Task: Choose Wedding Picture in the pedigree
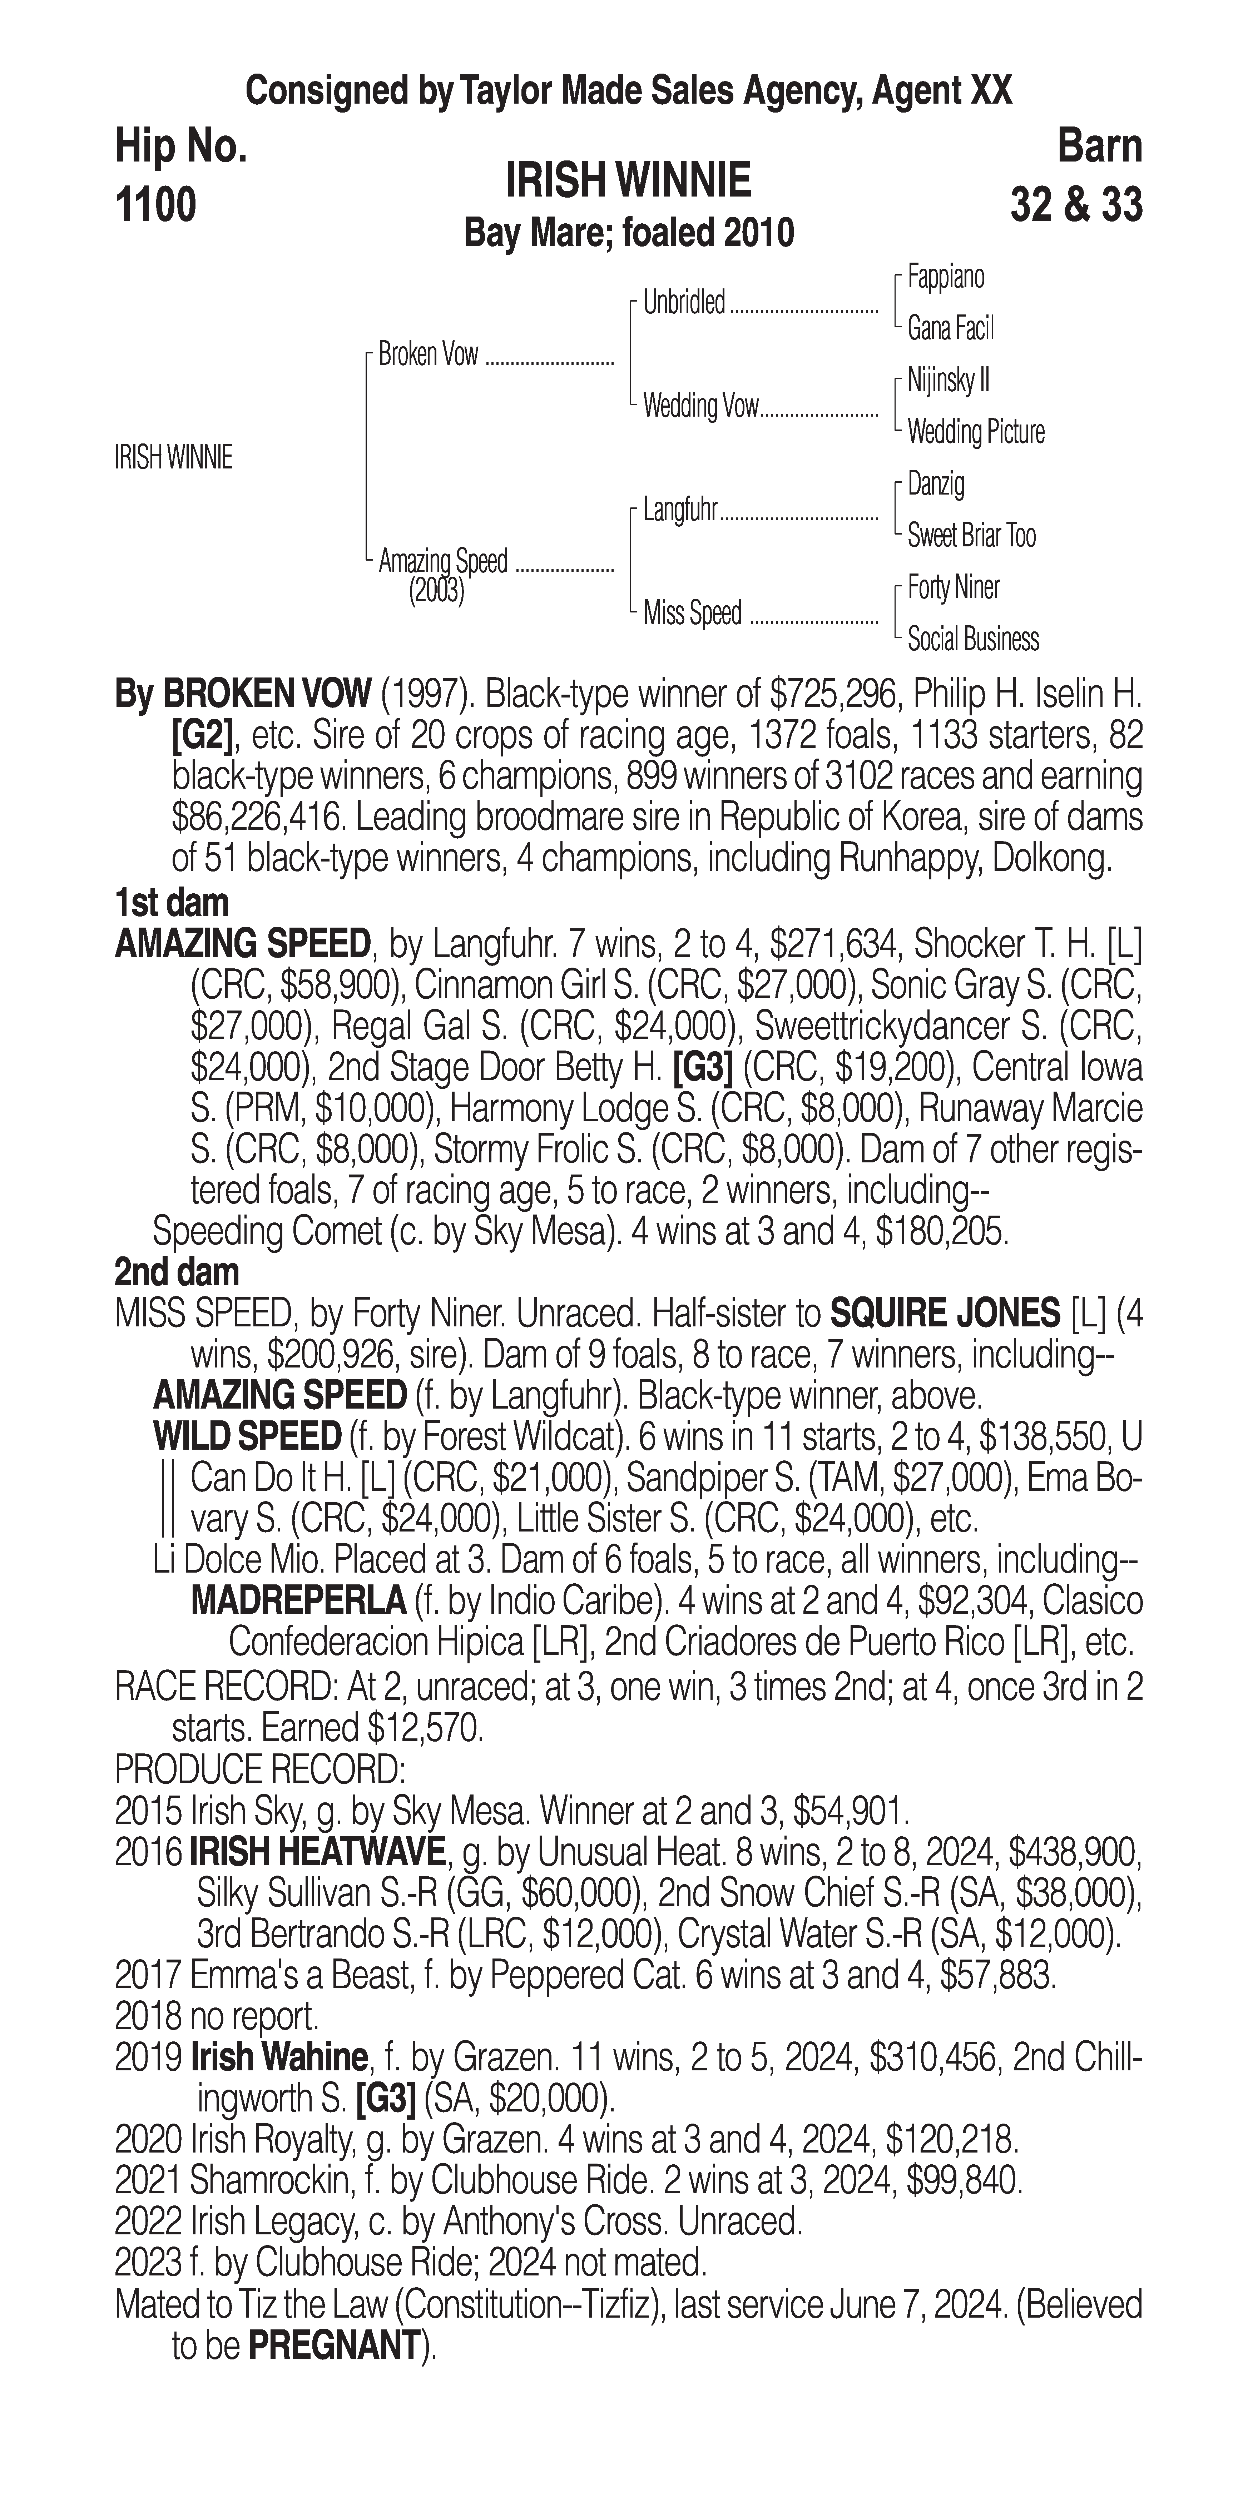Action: (975, 432)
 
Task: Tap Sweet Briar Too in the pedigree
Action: (971, 535)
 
